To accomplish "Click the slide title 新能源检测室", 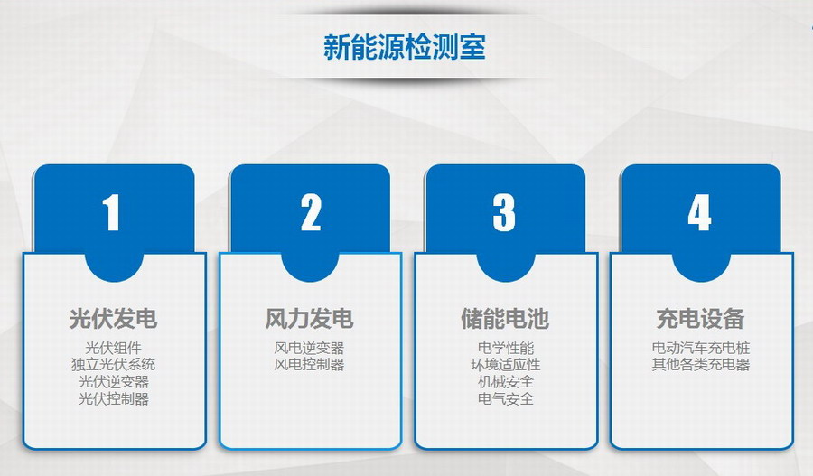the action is click(405, 47).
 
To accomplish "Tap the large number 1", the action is click(111, 212).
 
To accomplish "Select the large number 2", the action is click(311, 212).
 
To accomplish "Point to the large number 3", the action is click(504, 212).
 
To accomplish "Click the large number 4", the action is click(699, 212).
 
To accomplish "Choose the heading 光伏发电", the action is click(113, 318).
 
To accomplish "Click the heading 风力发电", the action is click(309, 318).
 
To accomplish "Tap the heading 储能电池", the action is click(505, 318).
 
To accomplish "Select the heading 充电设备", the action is click(700, 318).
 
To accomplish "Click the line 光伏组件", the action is click(114, 348).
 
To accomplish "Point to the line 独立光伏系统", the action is click(114, 365).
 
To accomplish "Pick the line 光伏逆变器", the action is click(114, 382).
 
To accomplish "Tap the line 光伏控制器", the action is click(114, 398).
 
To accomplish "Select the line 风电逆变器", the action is click(309, 348).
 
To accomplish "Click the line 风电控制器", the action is click(309, 365).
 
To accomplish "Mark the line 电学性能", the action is click(506, 348).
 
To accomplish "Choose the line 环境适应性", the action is click(506, 365).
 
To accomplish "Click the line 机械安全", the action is click(506, 382).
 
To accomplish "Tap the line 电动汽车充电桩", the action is click(701, 348).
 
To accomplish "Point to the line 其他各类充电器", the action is click(701, 365).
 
